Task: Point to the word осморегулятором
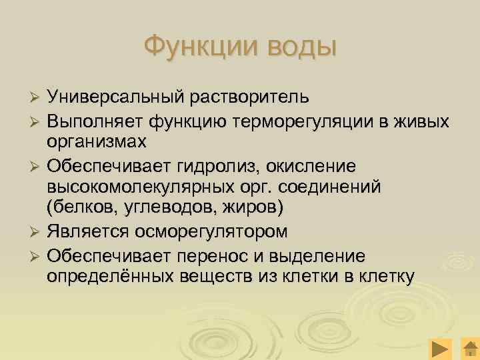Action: tap(230, 232)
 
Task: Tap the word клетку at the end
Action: tap(386, 276)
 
